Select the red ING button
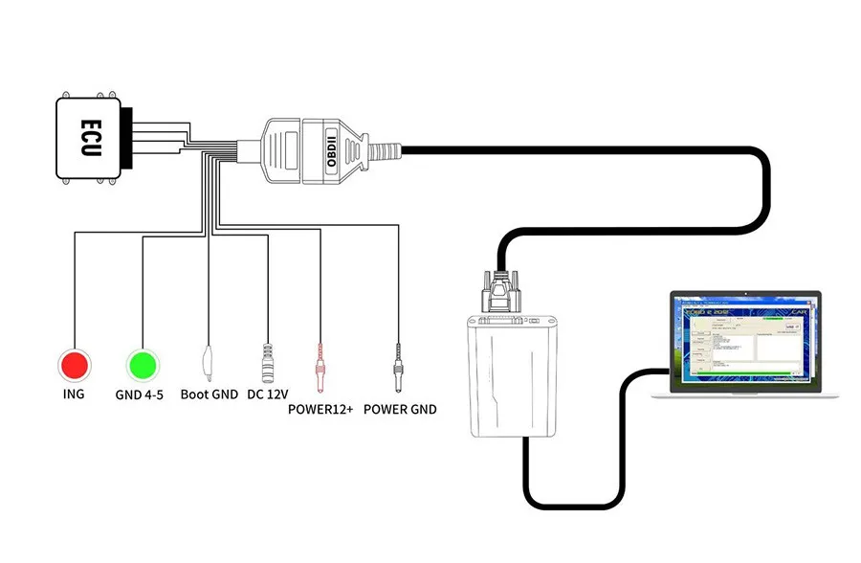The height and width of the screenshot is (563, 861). tap(75, 365)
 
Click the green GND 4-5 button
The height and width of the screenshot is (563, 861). tap(142, 365)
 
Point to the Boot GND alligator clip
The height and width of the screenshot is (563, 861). tap(208, 362)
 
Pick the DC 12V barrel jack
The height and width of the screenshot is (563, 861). tap(267, 363)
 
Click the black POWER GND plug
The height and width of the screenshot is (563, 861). tap(396, 365)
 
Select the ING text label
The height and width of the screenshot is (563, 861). tap(73, 394)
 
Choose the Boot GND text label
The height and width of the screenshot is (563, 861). tap(208, 394)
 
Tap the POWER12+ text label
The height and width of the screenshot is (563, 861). tap(320, 410)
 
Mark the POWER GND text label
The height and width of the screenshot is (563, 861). tap(401, 410)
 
